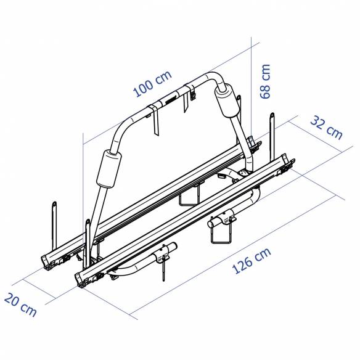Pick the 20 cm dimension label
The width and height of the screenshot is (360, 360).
point(20,305)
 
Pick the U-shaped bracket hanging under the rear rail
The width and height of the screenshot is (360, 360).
point(188,198)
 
